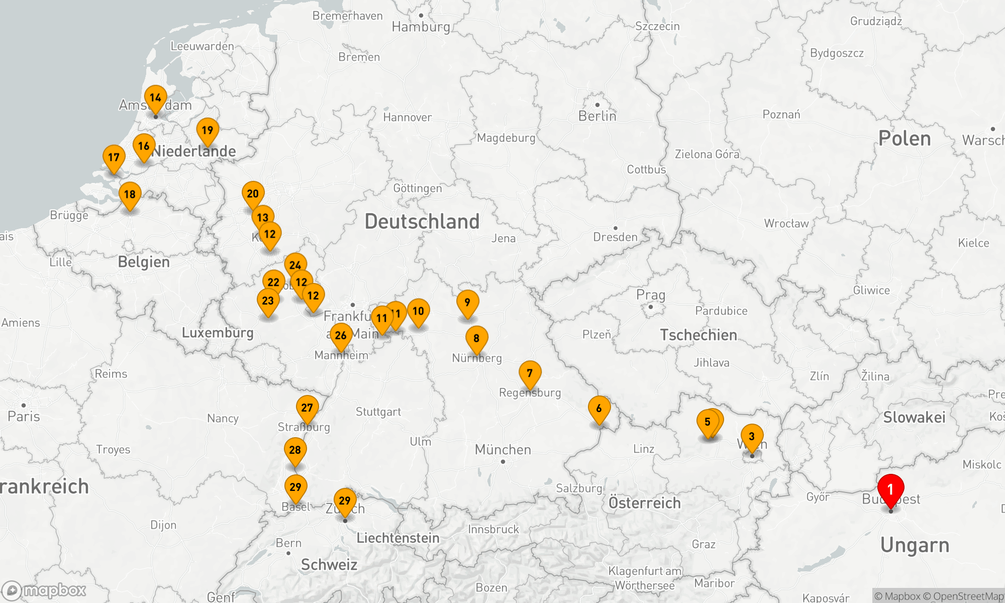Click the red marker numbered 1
click(890, 489)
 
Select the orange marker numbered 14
click(155, 98)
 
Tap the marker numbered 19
click(208, 131)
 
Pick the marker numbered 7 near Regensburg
click(530, 373)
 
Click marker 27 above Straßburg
click(307, 408)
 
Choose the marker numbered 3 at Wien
click(752, 437)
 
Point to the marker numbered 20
click(253, 194)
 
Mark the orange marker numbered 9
click(467, 303)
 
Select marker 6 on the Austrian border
click(599, 409)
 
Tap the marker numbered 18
click(130, 194)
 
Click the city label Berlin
click(597, 116)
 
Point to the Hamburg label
click(421, 27)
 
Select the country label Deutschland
click(422, 222)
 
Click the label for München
click(502, 449)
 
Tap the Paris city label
click(24, 416)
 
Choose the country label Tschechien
click(698, 335)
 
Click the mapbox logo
click(44, 590)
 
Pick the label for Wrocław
click(786, 224)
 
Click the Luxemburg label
click(217, 333)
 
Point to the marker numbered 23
click(268, 301)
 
